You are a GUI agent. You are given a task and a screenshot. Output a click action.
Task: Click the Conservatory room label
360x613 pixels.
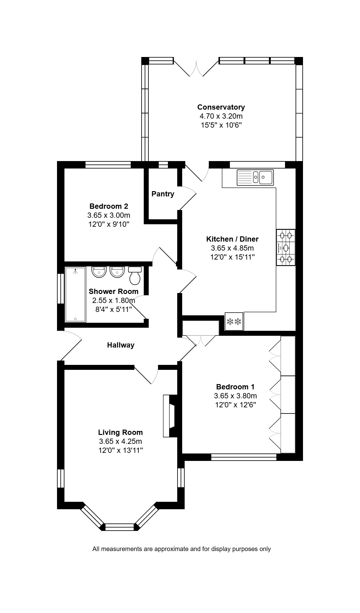click(221, 107)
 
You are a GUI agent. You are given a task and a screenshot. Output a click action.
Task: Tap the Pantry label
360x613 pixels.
click(163, 194)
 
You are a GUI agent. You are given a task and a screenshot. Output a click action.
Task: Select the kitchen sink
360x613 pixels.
click(255, 177)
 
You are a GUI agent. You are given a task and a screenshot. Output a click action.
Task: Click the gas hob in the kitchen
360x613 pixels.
click(286, 247)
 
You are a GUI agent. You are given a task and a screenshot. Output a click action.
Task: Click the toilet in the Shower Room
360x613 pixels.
click(135, 275)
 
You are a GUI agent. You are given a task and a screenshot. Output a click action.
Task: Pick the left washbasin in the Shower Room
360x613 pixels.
click(99, 272)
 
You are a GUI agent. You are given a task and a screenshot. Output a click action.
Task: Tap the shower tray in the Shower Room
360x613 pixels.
click(75, 295)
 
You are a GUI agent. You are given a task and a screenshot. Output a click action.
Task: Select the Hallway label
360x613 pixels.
click(121, 345)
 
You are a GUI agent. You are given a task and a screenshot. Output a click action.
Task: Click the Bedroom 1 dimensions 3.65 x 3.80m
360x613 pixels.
click(235, 396)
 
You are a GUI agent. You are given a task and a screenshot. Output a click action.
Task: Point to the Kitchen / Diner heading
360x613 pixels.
click(232, 239)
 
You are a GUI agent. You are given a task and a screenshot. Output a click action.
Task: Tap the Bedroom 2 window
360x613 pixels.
click(108, 164)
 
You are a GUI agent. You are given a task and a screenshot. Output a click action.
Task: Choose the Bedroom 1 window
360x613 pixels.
click(244, 457)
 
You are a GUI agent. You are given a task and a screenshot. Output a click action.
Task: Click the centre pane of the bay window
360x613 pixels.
click(120, 527)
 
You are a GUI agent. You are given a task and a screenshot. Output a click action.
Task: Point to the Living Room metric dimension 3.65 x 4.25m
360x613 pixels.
click(121, 441)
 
